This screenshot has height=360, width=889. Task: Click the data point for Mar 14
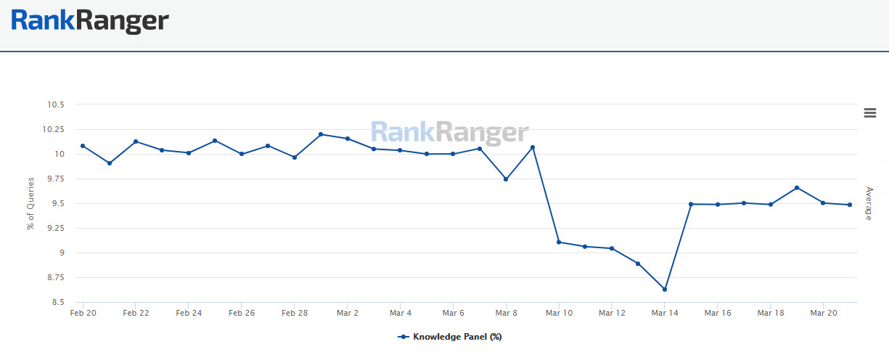[x=665, y=290]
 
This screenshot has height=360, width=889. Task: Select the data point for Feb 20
[x=83, y=146]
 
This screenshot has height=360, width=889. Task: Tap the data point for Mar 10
[x=559, y=242]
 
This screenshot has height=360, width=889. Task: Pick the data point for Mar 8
[x=506, y=179]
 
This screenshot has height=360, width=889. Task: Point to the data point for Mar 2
[x=348, y=139]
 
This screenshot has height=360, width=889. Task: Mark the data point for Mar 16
[x=718, y=205]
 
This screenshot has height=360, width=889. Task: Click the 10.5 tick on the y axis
[x=54, y=105]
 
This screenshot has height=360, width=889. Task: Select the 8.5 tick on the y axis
[x=57, y=302]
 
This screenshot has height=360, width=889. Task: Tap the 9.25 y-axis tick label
[x=54, y=228]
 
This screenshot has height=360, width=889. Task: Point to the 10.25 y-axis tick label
[x=52, y=129]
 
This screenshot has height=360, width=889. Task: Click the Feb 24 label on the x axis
[x=189, y=313]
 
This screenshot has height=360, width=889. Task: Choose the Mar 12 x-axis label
[x=612, y=313]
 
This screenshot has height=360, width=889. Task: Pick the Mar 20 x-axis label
[x=823, y=313]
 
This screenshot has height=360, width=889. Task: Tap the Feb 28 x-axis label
[x=294, y=313]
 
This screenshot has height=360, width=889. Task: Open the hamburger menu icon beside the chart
[x=870, y=112]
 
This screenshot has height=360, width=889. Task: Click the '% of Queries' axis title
[x=30, y=204]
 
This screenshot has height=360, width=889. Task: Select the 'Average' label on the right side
[x=869, y=203]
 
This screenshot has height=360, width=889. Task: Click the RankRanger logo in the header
[x=90, y=20]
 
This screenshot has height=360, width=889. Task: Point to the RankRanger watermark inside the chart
[x=450, y=133]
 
